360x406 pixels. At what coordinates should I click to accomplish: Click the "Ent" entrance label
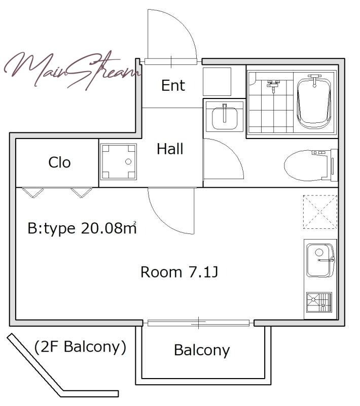[x=173, y=85]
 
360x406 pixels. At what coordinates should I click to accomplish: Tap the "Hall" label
[x=170, y=149]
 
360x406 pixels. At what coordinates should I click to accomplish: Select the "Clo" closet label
[x=59, y=162]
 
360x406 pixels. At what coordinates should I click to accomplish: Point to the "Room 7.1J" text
[x=179, y=272]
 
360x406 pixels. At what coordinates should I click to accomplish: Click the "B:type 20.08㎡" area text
[x=82, y=228]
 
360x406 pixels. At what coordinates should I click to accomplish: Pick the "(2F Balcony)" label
[x=80, y=347]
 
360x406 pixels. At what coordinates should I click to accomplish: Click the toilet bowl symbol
[x=310, y=164]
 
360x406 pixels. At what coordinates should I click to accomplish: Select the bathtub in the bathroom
[x=314, y=103]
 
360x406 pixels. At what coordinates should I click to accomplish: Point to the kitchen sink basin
[x=320, y=260]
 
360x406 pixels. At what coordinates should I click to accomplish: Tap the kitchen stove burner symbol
[x=319, y=302]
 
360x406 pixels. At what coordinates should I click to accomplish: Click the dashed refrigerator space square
[x=320, y=212]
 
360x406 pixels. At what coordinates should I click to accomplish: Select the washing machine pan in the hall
[x=119, y=162]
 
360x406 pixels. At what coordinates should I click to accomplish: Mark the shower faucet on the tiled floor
[x=273, y=85]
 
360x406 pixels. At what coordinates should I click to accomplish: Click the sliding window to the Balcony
[x=198, y=323]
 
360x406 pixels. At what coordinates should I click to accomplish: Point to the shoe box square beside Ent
[x=217, y=82]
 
